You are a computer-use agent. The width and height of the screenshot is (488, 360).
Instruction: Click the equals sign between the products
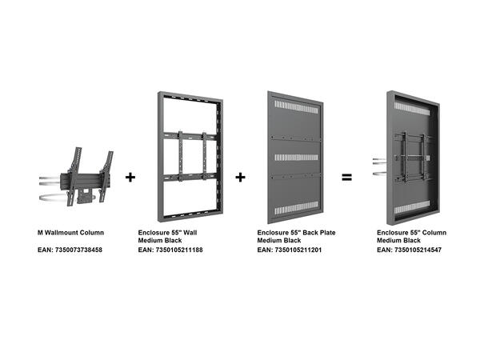347,177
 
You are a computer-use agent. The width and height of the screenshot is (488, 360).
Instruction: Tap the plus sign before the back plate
240,177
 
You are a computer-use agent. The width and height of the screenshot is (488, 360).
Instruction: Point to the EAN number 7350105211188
170,250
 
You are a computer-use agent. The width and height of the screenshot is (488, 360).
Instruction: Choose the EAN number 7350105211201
290,250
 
